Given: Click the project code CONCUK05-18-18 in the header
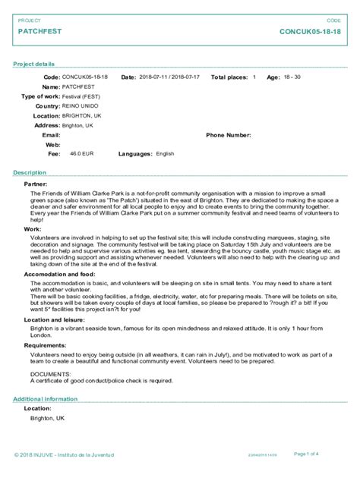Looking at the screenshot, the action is click(310, 32).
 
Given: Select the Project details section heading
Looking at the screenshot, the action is click(33, 64).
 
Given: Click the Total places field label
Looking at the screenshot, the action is click(229, 77).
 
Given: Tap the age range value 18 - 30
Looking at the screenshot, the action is click(292, 77).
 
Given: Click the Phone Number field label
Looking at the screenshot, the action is click(228, 134).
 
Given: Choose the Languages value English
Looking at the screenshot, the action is click(165, 153).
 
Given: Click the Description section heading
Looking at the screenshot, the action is click(30, 173).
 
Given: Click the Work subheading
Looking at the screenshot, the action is click(33, 228).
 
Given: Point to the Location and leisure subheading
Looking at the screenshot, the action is click(53, 319).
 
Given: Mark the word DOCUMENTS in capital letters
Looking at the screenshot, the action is click(49, 374).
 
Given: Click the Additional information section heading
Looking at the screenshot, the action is click(46, 398).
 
